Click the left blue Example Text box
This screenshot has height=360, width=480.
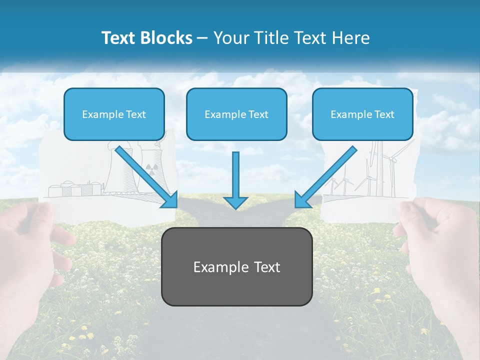tap(114, 114)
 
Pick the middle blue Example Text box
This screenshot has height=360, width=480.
tap(236, 114)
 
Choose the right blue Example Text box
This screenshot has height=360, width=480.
tap(362, 114)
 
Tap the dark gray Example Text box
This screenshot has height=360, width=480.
tap(236, 266)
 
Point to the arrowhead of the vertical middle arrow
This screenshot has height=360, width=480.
tap(235, 201)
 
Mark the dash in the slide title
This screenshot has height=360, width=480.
tap(202, 38)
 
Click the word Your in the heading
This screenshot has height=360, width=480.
tap(231, 38)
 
